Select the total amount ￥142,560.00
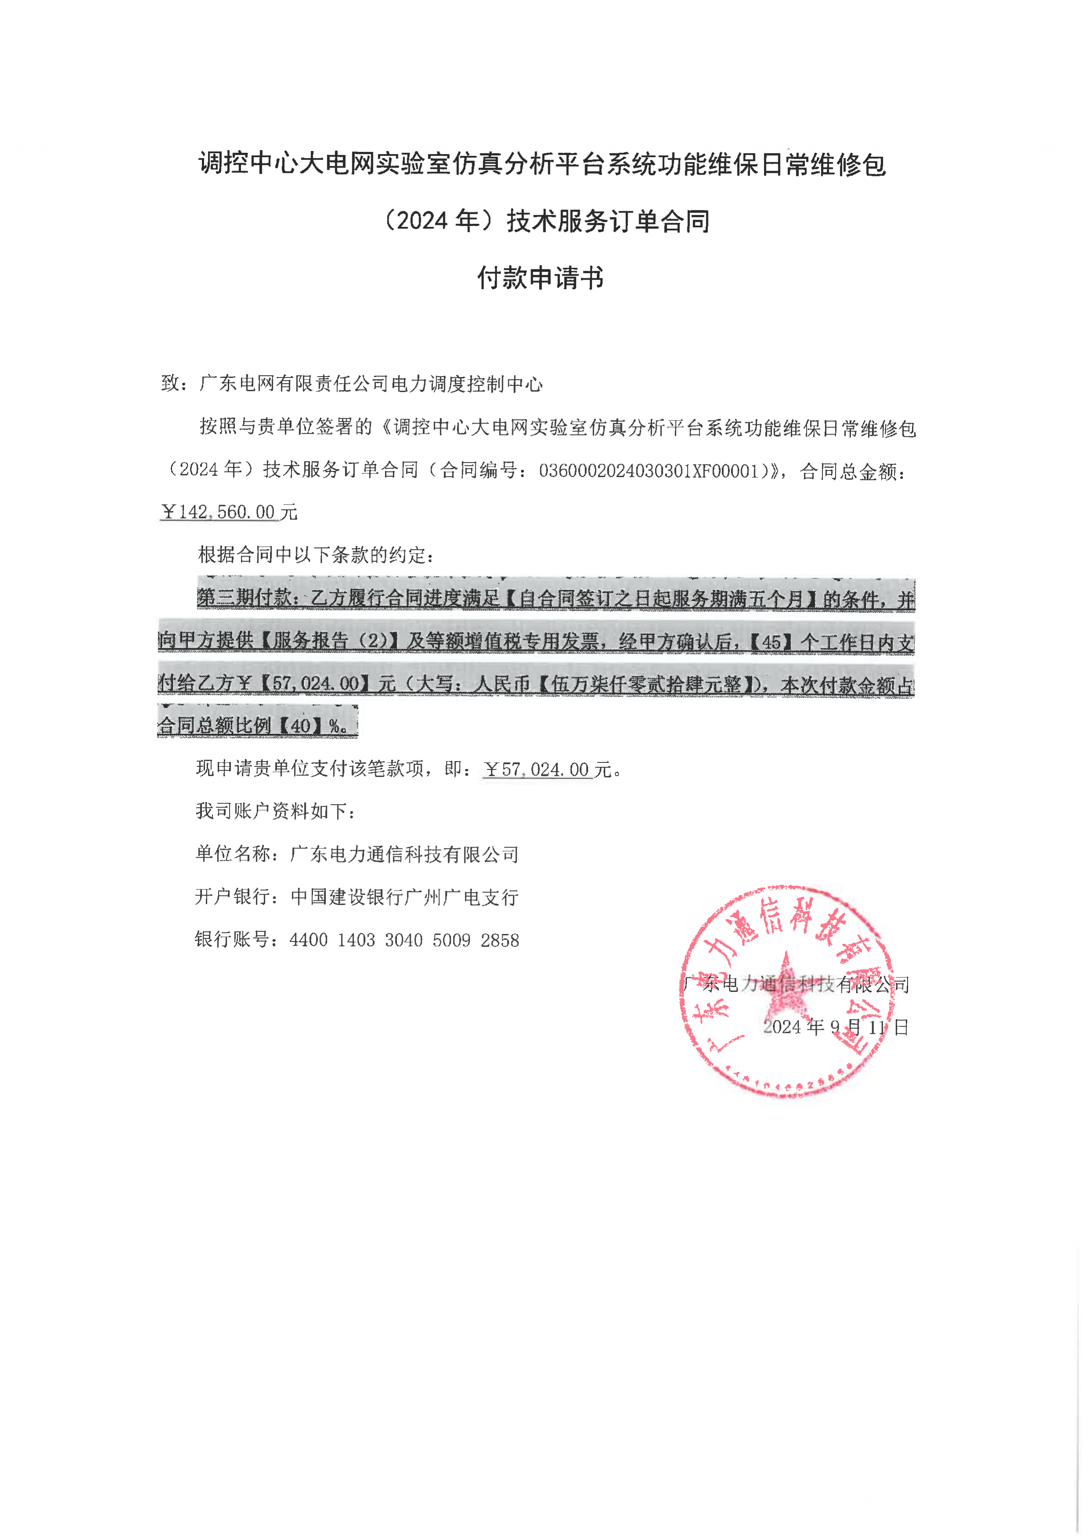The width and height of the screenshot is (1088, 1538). point(219,512)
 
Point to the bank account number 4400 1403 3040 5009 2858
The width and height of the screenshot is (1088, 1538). point(404,941)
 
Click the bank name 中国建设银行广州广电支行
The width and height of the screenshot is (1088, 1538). point(405,898)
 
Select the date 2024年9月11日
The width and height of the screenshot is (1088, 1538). point(836,1027)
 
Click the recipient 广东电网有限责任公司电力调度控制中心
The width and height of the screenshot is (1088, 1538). point(371,384)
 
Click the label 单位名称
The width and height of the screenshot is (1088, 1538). point(233,854)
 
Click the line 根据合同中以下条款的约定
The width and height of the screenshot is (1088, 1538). point(316,555)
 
